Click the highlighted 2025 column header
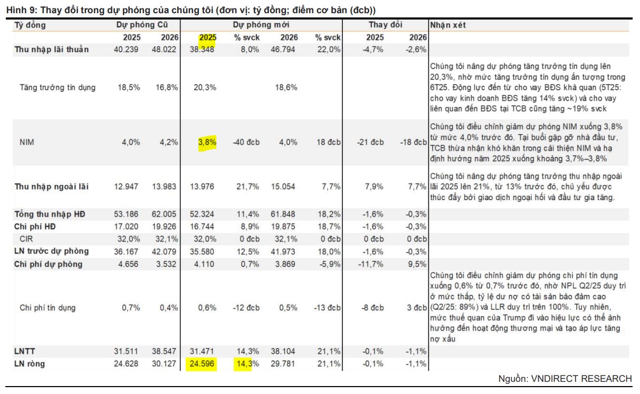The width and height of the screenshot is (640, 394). [x=207, y=37]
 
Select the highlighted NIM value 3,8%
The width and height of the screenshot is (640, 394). [x=207, y=142]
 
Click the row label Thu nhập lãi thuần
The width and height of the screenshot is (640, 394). [x=52, y=50]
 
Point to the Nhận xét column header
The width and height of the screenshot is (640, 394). [x=447, y=25]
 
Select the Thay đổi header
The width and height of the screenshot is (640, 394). [x=385, y=25]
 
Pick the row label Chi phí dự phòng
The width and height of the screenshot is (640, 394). [x=48, y=264]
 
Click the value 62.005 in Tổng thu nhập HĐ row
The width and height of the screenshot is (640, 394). [x=164, y=214]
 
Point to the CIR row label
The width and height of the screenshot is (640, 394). [x=27, y=239]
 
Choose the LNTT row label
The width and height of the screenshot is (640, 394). [x=25, y=351]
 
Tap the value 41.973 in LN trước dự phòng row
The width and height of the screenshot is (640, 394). [x=285, y=251]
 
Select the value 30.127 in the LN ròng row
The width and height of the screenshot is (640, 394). [x=164, y=363]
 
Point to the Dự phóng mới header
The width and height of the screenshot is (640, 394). [x=261, y=25]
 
